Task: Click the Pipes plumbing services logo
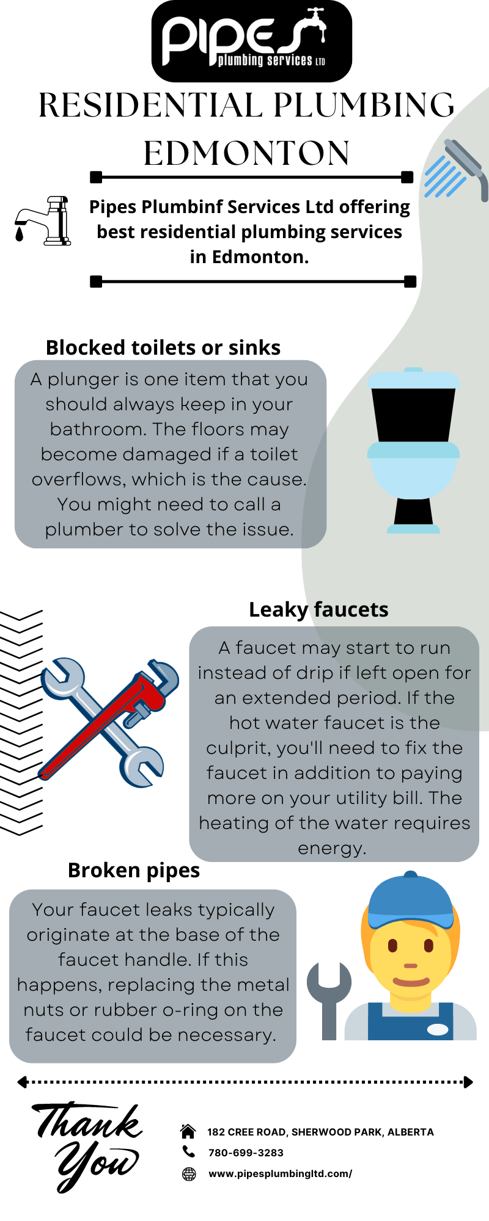(x=251, y=41)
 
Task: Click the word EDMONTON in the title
(x=246, y=153)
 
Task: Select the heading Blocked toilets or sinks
(x=163, y=347)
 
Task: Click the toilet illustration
(x=413, y=451)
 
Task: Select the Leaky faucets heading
(x=318, y=609)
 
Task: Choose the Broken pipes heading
(x=134, y=870)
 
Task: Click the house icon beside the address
(x=188, y=1131)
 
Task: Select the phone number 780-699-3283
(x=246, y=1153)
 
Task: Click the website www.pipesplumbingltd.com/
(x=280, y=1173)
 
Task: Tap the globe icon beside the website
(x=189, y=1173)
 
